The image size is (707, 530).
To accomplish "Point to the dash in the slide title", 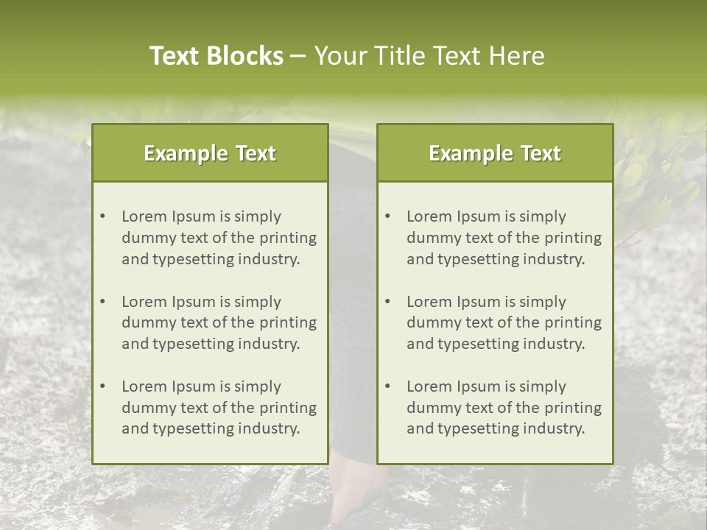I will pos(298,57).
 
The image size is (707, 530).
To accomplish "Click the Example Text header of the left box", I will pos(210,153).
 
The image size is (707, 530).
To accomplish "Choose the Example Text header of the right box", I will pos(495,153).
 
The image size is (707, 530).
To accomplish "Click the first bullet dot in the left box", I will pos(103,216).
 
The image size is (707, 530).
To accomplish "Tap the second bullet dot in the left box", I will pos(103,302).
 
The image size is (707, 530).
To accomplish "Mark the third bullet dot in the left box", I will pos(103,386).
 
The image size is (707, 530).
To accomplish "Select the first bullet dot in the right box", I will pos(388,216).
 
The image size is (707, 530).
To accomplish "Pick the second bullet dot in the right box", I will pos(388,302).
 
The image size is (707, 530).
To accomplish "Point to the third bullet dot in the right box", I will pos(388,386).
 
